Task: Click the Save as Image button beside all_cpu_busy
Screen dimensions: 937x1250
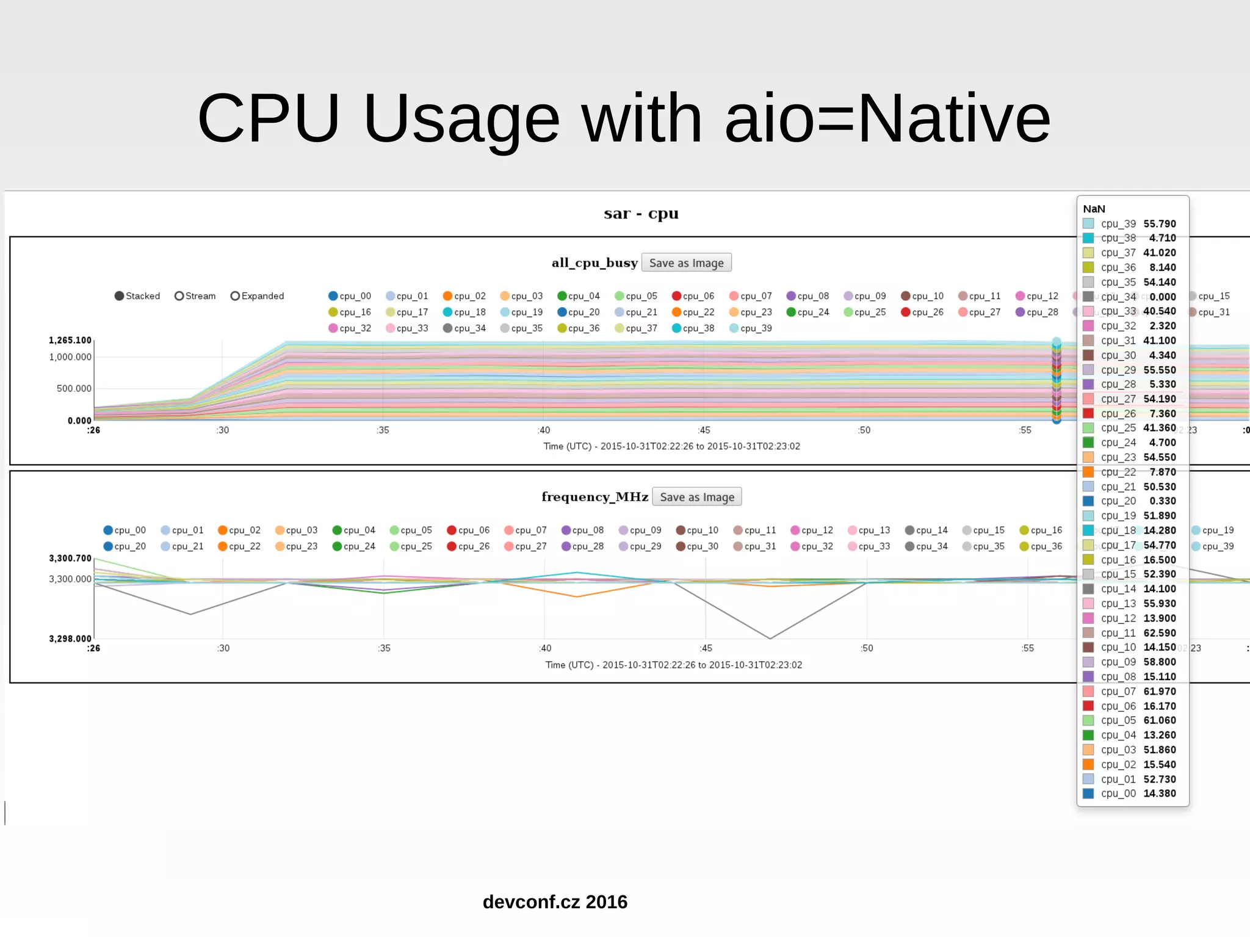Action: pos(686,263)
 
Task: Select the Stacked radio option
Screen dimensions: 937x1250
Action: pos(120,296)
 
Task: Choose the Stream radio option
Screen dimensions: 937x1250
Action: pos(179,296)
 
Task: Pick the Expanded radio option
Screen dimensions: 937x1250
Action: pos(235,296)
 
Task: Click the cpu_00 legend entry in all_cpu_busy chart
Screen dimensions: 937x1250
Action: pos(350,296)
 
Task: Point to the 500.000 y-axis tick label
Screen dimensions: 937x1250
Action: pos(74,389)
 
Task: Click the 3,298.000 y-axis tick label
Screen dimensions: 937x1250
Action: pos(70,639)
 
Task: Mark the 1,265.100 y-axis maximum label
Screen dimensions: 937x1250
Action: pos(70,341)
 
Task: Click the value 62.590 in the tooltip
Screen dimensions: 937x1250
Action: pos(1159,633)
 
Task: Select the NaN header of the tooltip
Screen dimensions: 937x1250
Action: pos(1094,209)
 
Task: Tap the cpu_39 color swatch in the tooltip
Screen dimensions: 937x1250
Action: pos(1088,224)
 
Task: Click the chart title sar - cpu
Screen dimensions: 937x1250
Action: pos(641,214)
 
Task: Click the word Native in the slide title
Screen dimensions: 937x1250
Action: pos(953,118)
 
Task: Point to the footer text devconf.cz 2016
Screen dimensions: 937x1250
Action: pos(555,902)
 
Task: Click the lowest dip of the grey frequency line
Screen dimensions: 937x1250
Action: pos(770,639)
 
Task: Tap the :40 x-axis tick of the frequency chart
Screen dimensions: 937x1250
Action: pos(545,648)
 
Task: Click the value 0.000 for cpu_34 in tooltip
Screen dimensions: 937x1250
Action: pos(1162,297)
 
